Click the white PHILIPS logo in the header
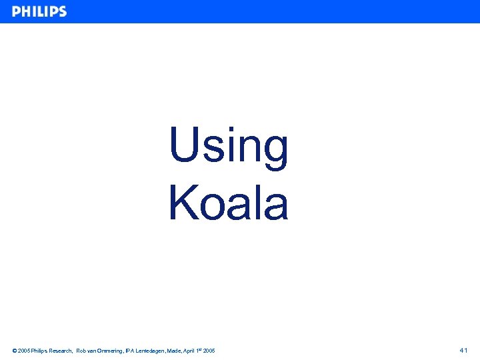(39, 11)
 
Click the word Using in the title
(229, 146)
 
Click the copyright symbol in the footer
(15, 351)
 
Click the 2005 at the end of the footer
(209, 351)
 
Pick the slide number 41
(464, 350)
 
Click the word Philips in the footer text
(40, 351)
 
